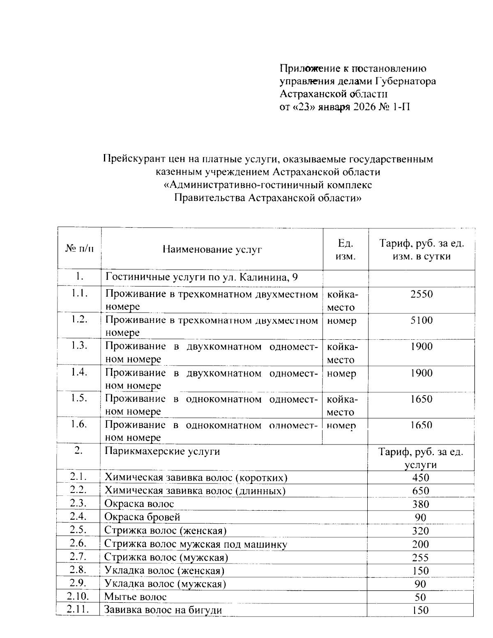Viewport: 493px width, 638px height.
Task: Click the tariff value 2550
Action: (x=422, y=295)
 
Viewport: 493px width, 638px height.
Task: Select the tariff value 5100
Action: (x=422, y=320)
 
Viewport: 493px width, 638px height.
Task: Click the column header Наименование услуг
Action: (x=212, y=249)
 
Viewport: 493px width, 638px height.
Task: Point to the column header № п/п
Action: (x=79, y=249)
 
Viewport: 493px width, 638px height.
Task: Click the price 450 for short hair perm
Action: (x=421, y=477)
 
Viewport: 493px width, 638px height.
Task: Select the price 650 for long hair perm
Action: (x=421, y=491)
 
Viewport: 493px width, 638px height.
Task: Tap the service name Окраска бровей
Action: (x=142, y=517)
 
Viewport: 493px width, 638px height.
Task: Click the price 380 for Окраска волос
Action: (x=421, y=504)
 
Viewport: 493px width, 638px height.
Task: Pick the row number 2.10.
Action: (x=78, y=597)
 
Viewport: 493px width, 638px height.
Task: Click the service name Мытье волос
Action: (x=136, y=597)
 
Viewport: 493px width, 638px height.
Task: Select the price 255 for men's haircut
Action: (x=421, y=557)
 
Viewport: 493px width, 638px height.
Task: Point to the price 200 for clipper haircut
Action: (x=421, y=544)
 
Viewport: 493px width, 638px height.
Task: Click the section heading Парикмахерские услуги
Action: (x=162, y=451)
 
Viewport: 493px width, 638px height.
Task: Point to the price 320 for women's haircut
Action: (x=421, y=531)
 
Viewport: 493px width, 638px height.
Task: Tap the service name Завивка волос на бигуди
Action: (x=163, y=610)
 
